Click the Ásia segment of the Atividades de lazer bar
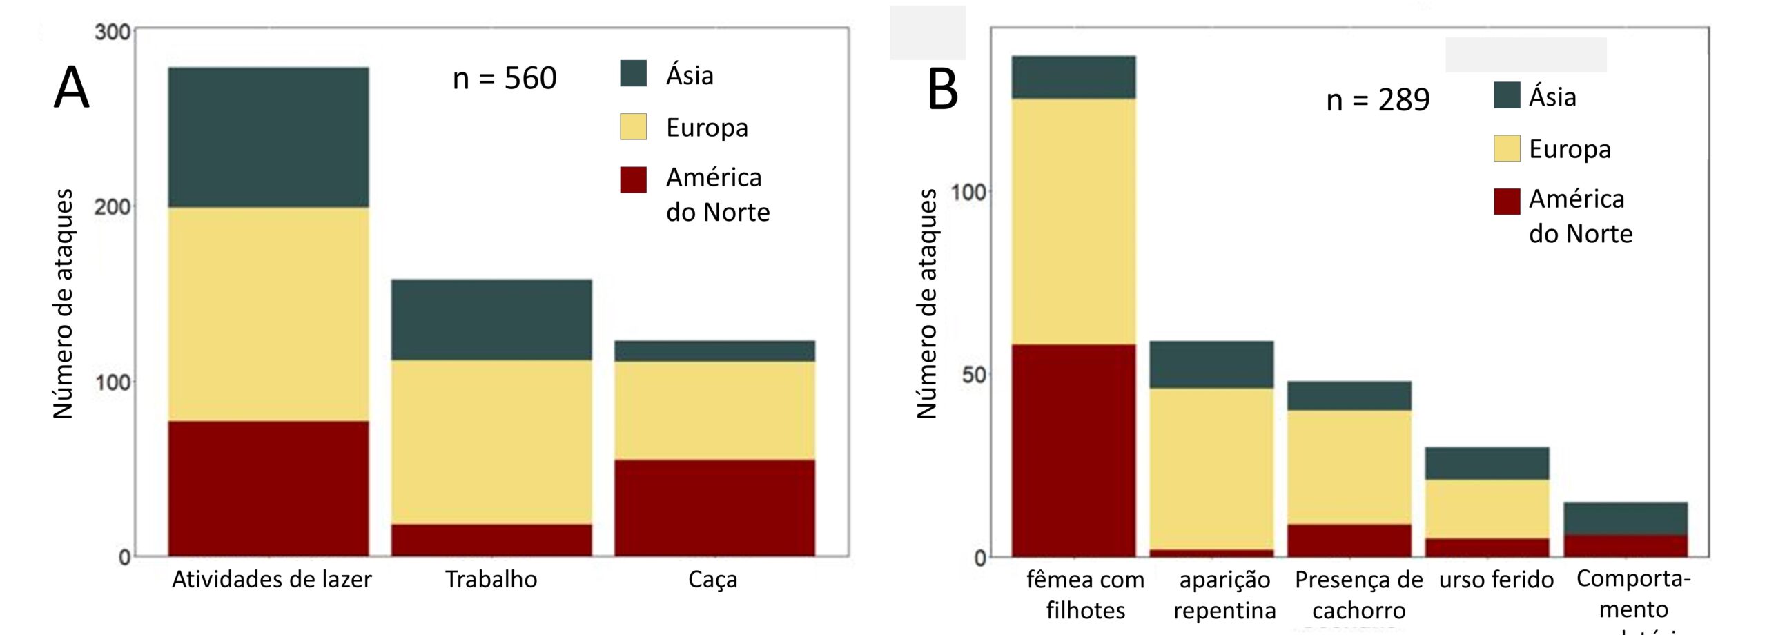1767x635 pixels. (269, 137)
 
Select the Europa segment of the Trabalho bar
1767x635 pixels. (491, 442)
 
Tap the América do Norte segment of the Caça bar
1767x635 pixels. (714, 507)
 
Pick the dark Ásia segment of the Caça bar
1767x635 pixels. (714, 351)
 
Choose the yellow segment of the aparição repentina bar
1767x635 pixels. (1211, 469)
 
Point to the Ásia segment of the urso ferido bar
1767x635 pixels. (1487, 463)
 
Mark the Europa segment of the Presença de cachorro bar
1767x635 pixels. (1349, 467)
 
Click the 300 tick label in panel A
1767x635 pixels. (113, 32)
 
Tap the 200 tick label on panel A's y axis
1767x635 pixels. (113, 206)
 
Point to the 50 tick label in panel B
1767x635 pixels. (973, 375)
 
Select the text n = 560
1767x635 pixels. (504, 78)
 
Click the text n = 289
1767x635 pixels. (1378, 100)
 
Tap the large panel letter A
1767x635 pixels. (71, 88)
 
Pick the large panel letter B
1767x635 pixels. (943, 90)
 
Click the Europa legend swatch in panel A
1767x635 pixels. (633, 127)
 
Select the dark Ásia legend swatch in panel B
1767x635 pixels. (1507, 95)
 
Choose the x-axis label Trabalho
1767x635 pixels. (491, 579)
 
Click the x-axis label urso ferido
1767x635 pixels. (1496, 580)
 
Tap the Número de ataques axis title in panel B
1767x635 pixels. (926, 304)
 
